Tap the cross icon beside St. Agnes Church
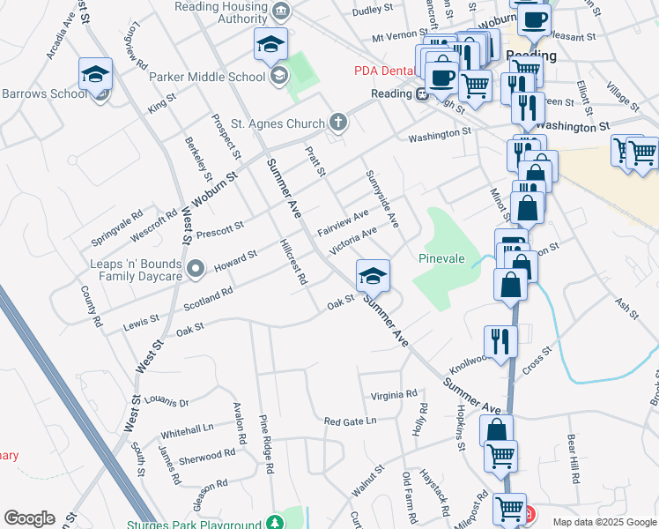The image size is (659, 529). (337, 122)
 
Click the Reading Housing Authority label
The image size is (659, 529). (226, 11)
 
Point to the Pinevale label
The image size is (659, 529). (441, 259)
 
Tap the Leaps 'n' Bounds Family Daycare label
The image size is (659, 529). (136, 270)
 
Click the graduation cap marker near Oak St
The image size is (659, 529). (373, 276)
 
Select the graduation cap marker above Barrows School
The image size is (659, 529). (95, 75)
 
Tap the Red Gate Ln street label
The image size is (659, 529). (350, 421)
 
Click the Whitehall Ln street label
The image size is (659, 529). (187, 429)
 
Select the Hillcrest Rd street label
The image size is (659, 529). (292, 262)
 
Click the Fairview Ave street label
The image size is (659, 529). (343, 222)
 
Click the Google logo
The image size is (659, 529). (29, 518)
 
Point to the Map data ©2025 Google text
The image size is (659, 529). (603, 522)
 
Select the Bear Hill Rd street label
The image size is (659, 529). (574, 458)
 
